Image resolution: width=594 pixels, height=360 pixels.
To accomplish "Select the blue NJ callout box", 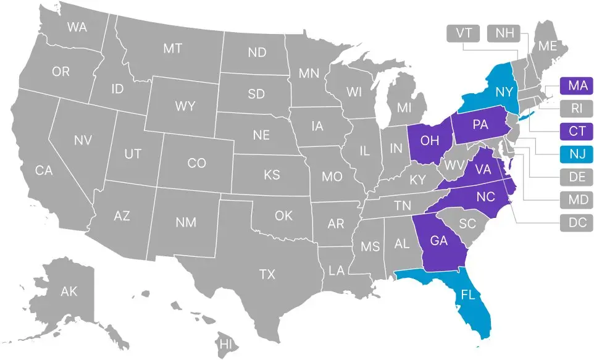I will (577, 153).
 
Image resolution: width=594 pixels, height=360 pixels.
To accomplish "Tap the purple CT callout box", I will (577, 131).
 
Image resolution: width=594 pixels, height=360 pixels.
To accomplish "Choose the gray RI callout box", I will (577, 109).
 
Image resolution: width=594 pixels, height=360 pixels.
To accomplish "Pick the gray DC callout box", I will (577, 222).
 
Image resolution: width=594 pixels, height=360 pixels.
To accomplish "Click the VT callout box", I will (464, 33).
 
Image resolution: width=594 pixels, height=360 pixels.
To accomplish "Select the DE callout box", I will (577, 177).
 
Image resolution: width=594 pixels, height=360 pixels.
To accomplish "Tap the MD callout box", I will (577, 199).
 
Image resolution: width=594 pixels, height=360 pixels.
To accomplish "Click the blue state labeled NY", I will (503, 92).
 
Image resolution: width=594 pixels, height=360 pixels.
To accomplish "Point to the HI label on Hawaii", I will (226, 343).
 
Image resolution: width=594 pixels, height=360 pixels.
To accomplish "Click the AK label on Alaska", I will (69, 291).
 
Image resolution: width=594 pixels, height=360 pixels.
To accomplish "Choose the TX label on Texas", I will (267, 274).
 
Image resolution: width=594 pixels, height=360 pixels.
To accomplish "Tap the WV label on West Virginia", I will (454, 165).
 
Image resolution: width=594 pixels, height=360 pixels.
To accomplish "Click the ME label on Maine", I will (547, 46).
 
